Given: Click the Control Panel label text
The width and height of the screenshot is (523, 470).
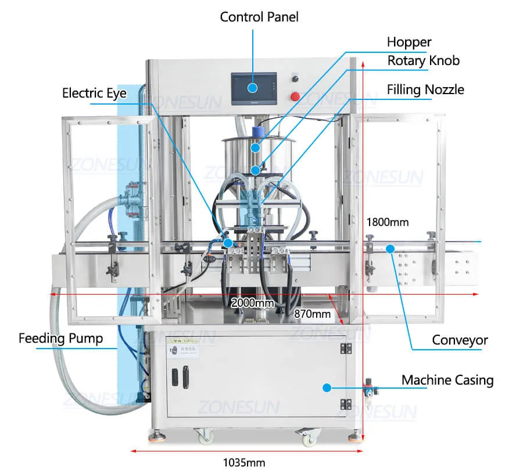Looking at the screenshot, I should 259,17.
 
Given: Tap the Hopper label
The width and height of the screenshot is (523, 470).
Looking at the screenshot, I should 409,42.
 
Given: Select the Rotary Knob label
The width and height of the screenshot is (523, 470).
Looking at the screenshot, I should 424,60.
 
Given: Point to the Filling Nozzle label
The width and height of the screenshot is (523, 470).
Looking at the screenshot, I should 426,89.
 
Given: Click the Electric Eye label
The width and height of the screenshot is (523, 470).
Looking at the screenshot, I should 94,93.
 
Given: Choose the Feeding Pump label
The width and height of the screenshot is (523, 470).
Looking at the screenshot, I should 60,338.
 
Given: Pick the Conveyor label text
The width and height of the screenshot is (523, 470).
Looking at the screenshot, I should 460,340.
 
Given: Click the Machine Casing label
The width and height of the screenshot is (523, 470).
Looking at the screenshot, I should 447,381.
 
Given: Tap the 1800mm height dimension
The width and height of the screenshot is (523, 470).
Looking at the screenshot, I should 388,222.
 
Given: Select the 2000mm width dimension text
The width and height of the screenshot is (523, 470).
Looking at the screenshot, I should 252,303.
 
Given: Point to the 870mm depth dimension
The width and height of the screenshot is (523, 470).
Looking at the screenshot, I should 312,314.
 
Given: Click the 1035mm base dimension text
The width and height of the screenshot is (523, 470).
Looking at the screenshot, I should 244,462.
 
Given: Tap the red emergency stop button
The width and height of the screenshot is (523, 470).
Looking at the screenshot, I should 295,96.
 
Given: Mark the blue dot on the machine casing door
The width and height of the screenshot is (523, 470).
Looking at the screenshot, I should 327,387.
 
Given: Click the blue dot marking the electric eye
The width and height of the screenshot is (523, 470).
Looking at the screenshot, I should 228,243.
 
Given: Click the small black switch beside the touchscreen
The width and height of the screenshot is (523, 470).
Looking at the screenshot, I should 295,78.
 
